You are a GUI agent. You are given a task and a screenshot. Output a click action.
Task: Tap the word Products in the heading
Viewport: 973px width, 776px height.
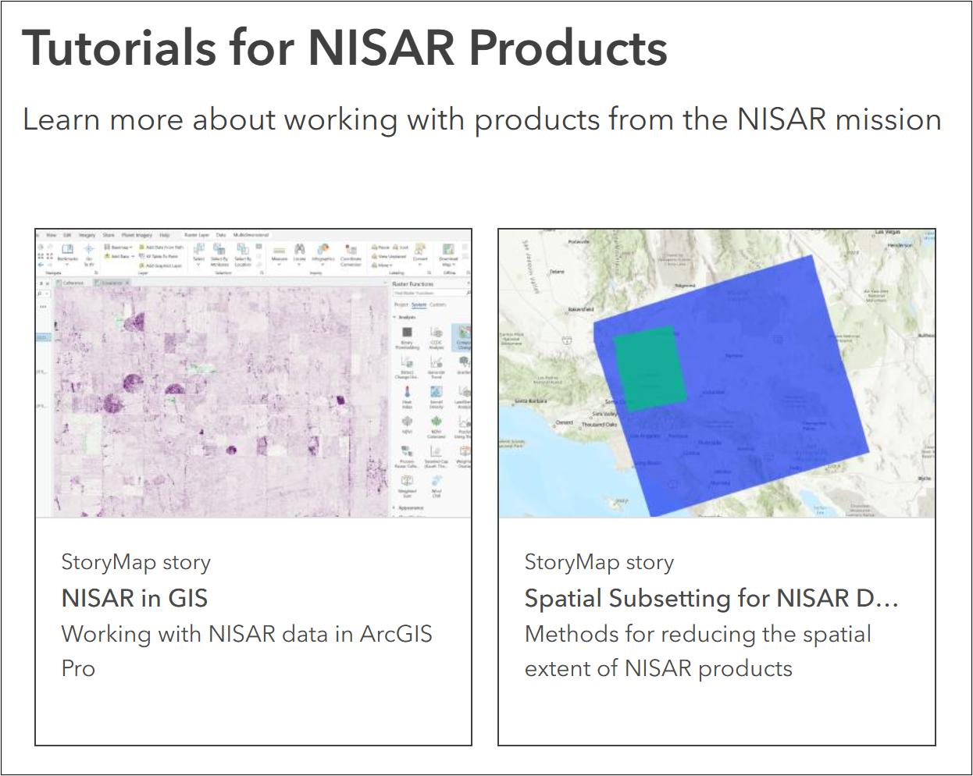pos(568,48)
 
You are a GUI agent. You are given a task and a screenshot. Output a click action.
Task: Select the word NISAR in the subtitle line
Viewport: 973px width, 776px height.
pos(782,119)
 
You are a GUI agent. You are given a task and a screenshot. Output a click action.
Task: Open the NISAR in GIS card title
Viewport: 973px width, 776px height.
pos(134,599)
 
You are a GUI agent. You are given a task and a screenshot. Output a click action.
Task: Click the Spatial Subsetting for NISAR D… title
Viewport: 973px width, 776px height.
pos(711,599)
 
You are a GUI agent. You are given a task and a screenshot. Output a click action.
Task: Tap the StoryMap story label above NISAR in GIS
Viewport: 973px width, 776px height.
pos(136,562)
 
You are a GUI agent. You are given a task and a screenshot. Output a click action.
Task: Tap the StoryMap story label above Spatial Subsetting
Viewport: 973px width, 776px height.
pos(599,562)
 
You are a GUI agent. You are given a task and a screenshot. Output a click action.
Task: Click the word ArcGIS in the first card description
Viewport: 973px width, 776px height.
pos(396,634)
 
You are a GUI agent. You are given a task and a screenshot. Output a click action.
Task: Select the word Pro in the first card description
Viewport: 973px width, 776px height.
pos(78,668)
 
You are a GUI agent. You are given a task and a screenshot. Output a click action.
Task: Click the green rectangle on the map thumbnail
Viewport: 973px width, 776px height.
pos(650,368)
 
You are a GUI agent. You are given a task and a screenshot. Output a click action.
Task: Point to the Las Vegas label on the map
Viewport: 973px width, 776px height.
pos(888,232)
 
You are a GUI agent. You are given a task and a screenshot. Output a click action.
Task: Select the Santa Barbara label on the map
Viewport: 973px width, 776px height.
pos(531,401)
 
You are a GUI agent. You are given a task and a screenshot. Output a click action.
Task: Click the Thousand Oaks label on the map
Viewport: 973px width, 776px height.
pos(599,425)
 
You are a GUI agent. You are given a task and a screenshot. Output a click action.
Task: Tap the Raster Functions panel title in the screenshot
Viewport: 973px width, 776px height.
pos(412,284)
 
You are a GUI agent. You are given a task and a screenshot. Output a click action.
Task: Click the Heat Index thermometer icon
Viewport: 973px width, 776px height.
pos(407,393)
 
